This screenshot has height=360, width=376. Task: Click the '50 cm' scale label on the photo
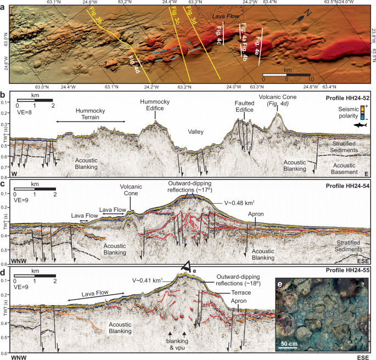click(x=291, y=343)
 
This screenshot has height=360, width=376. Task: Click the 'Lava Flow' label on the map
click(x=226, y=17)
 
